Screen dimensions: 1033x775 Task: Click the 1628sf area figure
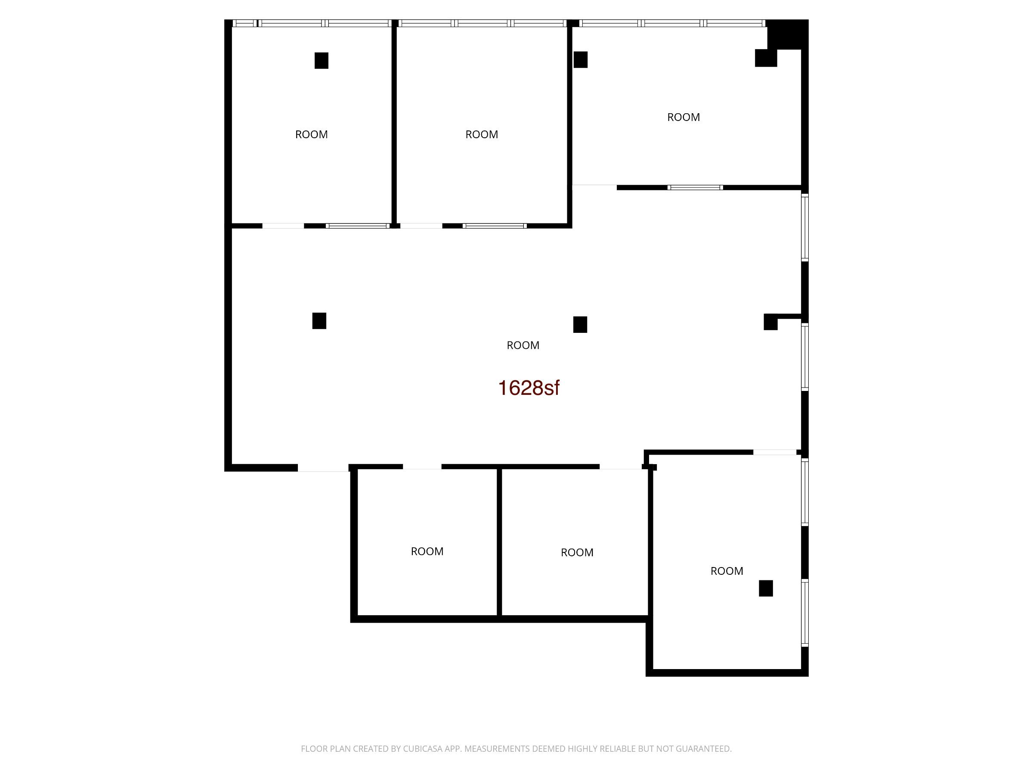528,388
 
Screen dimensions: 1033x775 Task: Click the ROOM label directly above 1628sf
523,345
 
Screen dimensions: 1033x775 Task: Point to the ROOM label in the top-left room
312,134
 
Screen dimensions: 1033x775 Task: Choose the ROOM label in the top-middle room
482,134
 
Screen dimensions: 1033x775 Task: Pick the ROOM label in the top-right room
683,117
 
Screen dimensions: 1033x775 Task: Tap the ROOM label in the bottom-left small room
427,551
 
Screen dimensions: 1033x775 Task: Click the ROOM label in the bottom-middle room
577,553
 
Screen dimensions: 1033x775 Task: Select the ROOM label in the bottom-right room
727,571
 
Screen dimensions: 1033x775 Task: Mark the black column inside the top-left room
321,61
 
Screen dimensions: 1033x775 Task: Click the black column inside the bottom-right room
766,589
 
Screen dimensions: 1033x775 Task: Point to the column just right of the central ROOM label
580,325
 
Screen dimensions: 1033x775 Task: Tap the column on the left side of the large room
319,321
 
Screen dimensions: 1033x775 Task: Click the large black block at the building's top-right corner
787,34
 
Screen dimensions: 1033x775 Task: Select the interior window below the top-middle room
495,226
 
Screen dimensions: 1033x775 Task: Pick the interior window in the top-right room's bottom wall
695,188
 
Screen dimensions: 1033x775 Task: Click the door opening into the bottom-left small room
422,467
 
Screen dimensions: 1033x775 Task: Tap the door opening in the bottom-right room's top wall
775,452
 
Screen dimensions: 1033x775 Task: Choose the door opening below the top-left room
283,226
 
